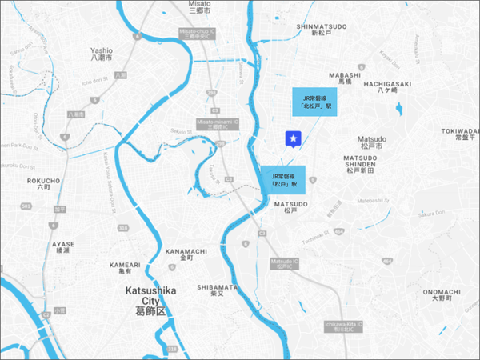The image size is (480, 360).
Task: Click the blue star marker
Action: tap(294, 140)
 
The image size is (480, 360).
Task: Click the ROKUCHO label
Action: tap(44, 184)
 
